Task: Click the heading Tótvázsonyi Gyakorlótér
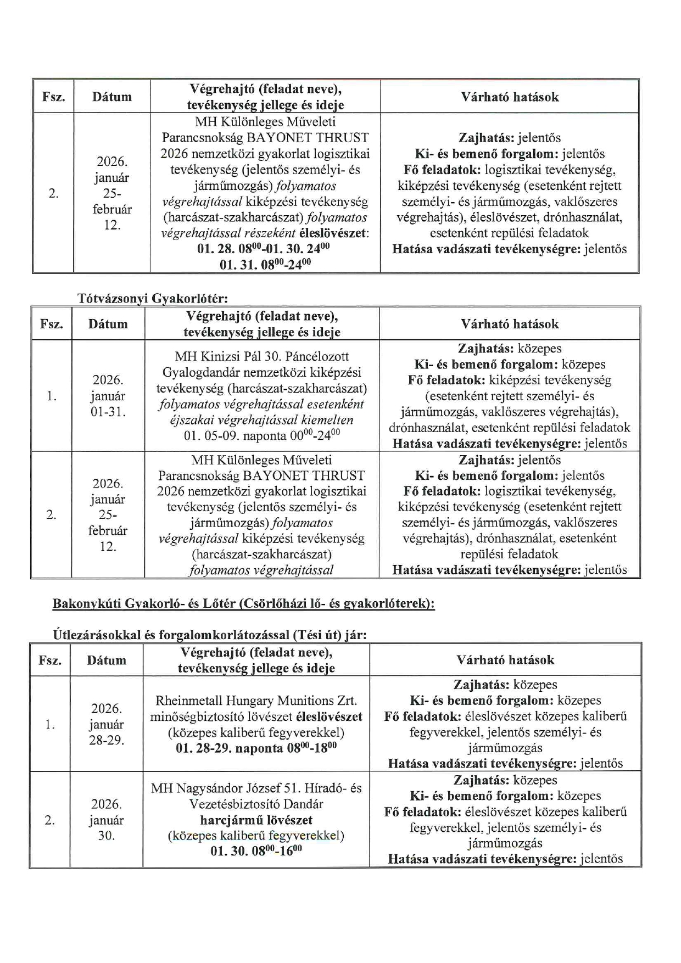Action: (152, 299)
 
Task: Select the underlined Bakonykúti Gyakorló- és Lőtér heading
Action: (243, 603)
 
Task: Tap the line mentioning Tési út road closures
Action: (210, 635)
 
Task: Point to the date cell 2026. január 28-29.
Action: (107, 724)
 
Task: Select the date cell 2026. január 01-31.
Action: (108, 396)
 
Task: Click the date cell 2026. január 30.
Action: (107, 820)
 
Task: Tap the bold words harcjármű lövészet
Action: (256, 820)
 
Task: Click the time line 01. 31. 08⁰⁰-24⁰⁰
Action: (265, 265)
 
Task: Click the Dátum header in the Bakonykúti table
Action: (107, 660)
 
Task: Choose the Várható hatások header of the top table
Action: (510, 97)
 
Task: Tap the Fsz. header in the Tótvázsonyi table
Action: (51, 324)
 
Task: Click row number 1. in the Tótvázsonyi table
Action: (51, 396)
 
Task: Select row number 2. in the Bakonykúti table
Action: (50, 820)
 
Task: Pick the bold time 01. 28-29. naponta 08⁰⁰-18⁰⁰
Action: (256, 748)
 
